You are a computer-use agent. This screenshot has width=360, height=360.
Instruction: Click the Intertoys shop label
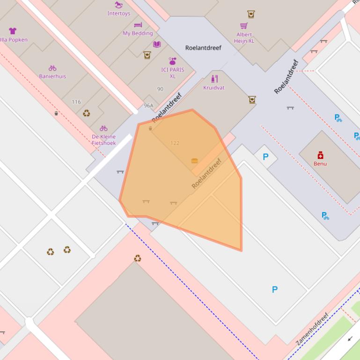tap(119, 14)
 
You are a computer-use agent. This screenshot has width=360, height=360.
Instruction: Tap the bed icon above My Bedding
tap(138, 25)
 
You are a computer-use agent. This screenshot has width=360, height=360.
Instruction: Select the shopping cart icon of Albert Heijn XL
tap(244, 26)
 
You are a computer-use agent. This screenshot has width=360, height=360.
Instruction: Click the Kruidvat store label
tap(214, 87)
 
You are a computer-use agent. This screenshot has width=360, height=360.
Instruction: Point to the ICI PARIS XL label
tap(172, 73)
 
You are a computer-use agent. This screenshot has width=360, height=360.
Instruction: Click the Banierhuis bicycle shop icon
tap(52, 68)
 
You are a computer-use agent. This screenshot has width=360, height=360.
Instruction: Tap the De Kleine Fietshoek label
tap(103, 140)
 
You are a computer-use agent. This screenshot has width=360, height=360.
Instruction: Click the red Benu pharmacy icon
tap(320, 155)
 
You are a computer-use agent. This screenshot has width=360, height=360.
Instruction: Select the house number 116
tap(76, 101)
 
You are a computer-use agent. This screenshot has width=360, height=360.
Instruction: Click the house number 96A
tap(148, 106)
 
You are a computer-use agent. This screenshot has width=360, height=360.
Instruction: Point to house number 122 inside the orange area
tap(175, 143)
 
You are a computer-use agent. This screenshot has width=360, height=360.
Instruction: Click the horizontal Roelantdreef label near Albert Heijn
tap(203, 48)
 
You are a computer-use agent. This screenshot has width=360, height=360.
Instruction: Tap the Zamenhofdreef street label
tap(312, 329)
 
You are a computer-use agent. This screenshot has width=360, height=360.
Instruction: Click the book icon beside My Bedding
tap(157, 44)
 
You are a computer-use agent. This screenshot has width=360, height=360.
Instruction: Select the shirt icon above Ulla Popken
tap(13, 31)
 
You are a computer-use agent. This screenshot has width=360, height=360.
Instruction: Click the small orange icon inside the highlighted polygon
tap(195, 161)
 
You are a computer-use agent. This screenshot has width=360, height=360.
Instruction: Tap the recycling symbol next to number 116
tap(87, 113)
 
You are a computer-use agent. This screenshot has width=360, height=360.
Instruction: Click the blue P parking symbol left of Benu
tap(266, 157)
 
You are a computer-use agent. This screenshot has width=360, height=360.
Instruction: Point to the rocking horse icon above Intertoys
tap(118, 5)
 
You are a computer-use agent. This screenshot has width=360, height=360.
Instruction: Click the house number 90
tap(160, 89)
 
